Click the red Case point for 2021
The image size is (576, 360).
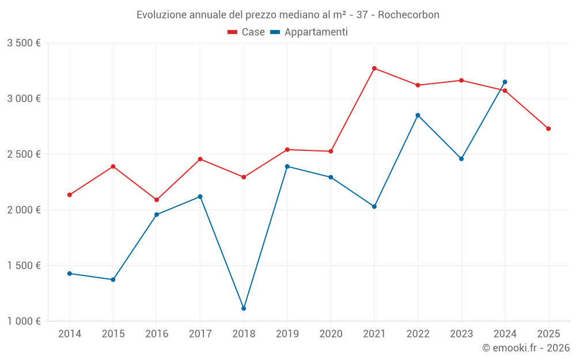point(374,69)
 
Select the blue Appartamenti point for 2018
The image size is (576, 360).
point(244,309)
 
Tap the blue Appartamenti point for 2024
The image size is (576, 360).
point(505,82)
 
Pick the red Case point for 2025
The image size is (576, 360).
point(548,128)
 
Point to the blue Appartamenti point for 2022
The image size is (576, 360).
point(418,115)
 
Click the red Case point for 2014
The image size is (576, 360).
point(70,195)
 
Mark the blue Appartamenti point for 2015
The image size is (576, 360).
point(113,280)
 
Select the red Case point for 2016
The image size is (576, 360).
point(157,200)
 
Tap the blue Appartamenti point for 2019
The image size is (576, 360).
point(287,166)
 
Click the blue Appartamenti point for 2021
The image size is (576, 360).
point(374,206)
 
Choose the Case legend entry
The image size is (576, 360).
point(246,32)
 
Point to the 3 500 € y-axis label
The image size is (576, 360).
point(24,43)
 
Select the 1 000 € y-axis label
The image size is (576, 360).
point(24,321)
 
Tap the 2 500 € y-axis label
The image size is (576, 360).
point(24,154)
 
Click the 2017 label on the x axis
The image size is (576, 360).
point(200,334)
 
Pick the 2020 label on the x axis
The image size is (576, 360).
point(331,334)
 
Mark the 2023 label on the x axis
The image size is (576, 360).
point(461,334)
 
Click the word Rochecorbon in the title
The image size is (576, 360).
point(411,15)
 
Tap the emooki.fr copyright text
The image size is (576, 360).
point(525,348)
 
